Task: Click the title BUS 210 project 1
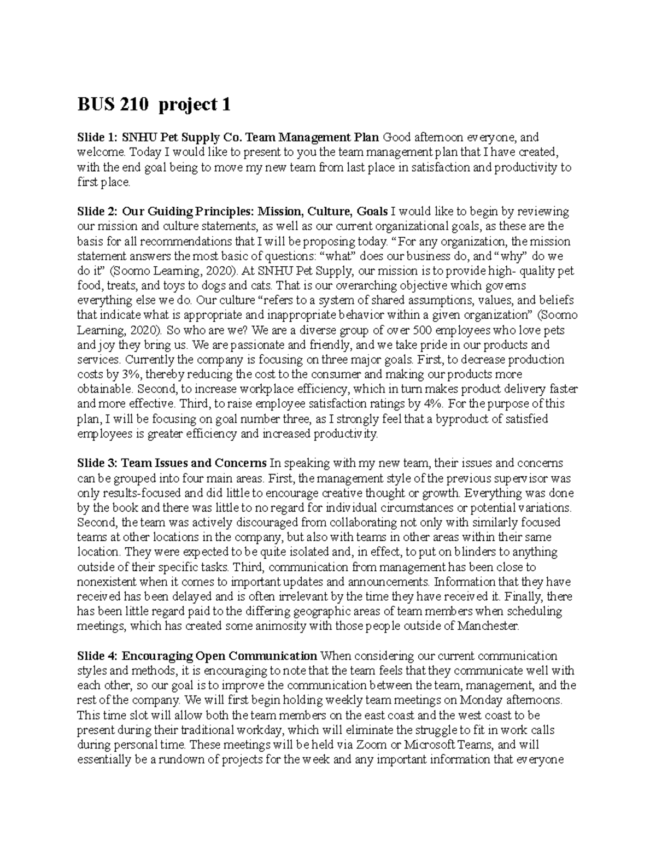[154, 104]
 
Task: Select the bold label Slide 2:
[97, 212]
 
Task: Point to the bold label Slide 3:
[97, 463]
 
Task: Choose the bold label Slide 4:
[97, 655]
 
